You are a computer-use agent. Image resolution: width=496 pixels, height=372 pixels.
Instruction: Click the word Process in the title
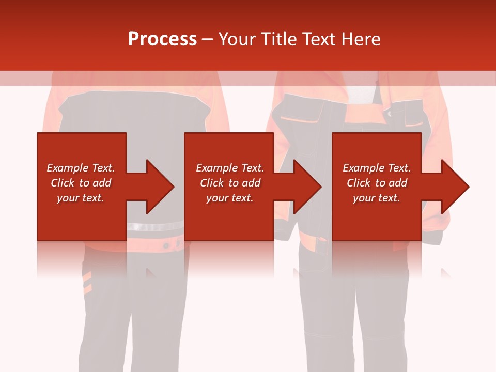pyautogui.click(x=162, y=39)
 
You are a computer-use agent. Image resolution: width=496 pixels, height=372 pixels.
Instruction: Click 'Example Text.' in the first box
pyautogui.click(x=81, y=168)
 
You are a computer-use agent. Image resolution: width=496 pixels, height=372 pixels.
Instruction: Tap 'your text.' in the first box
pyautogui.click(x=81, y=198)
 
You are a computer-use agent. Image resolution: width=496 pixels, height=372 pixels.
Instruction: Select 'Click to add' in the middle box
pyautogui.click(x=230, y=183)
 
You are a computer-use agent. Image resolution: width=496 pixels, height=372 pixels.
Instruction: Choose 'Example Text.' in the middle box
pyautogui.click(x=230, y=168)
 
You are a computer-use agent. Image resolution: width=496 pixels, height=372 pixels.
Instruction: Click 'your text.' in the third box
pyautogui.click(x=377, y=198)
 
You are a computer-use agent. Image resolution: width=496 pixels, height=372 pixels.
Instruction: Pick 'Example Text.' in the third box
pyautogui.click(x=377, y=168)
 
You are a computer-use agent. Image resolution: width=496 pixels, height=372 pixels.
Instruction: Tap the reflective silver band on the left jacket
pyautogui.click(x=155, y=226)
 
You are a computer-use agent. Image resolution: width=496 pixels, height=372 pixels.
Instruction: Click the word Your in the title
pyautogui.click(x=237, y=39)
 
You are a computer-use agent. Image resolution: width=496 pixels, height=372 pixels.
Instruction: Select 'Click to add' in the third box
pyautogui.click(x=377, y=183)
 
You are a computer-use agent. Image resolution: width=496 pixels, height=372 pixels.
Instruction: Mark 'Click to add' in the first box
pyautogui.click(x=81, y=183)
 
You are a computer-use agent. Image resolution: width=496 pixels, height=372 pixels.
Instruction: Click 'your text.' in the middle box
pyautogui.click(x=230, y=198)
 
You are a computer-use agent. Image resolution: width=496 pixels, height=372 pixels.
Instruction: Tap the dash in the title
pyautogui.click(x=207, y=39)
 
